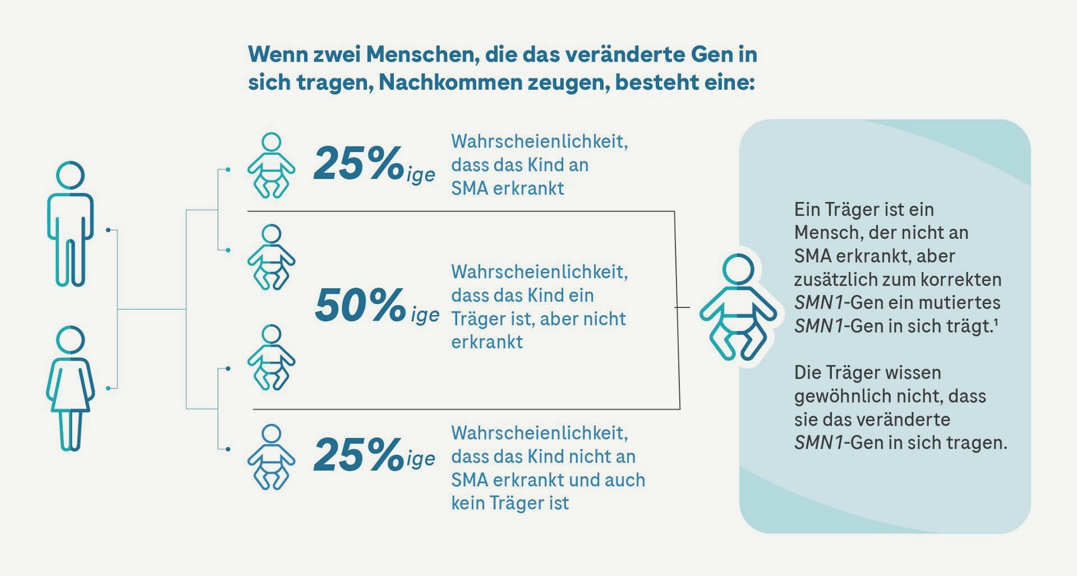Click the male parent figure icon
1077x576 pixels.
click(70, 224)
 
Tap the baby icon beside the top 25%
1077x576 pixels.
click(271, 165)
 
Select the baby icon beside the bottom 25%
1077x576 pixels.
click(271, 457)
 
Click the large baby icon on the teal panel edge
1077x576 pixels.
click(738, 307)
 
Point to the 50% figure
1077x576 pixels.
click(360, 305)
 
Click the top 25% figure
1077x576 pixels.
click(358, 163)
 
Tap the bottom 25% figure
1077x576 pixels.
click(358, 454)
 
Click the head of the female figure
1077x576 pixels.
click(71, 340)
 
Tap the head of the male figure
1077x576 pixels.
click(71, 176)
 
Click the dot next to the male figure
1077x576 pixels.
click(108, 230)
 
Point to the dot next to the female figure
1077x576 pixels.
click(108, 388)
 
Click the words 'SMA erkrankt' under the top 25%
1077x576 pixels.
click(508, 188)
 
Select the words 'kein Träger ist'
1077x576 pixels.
click(510, 503)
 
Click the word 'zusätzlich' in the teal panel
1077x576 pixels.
click(835, 279)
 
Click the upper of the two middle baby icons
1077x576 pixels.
click(271, 257)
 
